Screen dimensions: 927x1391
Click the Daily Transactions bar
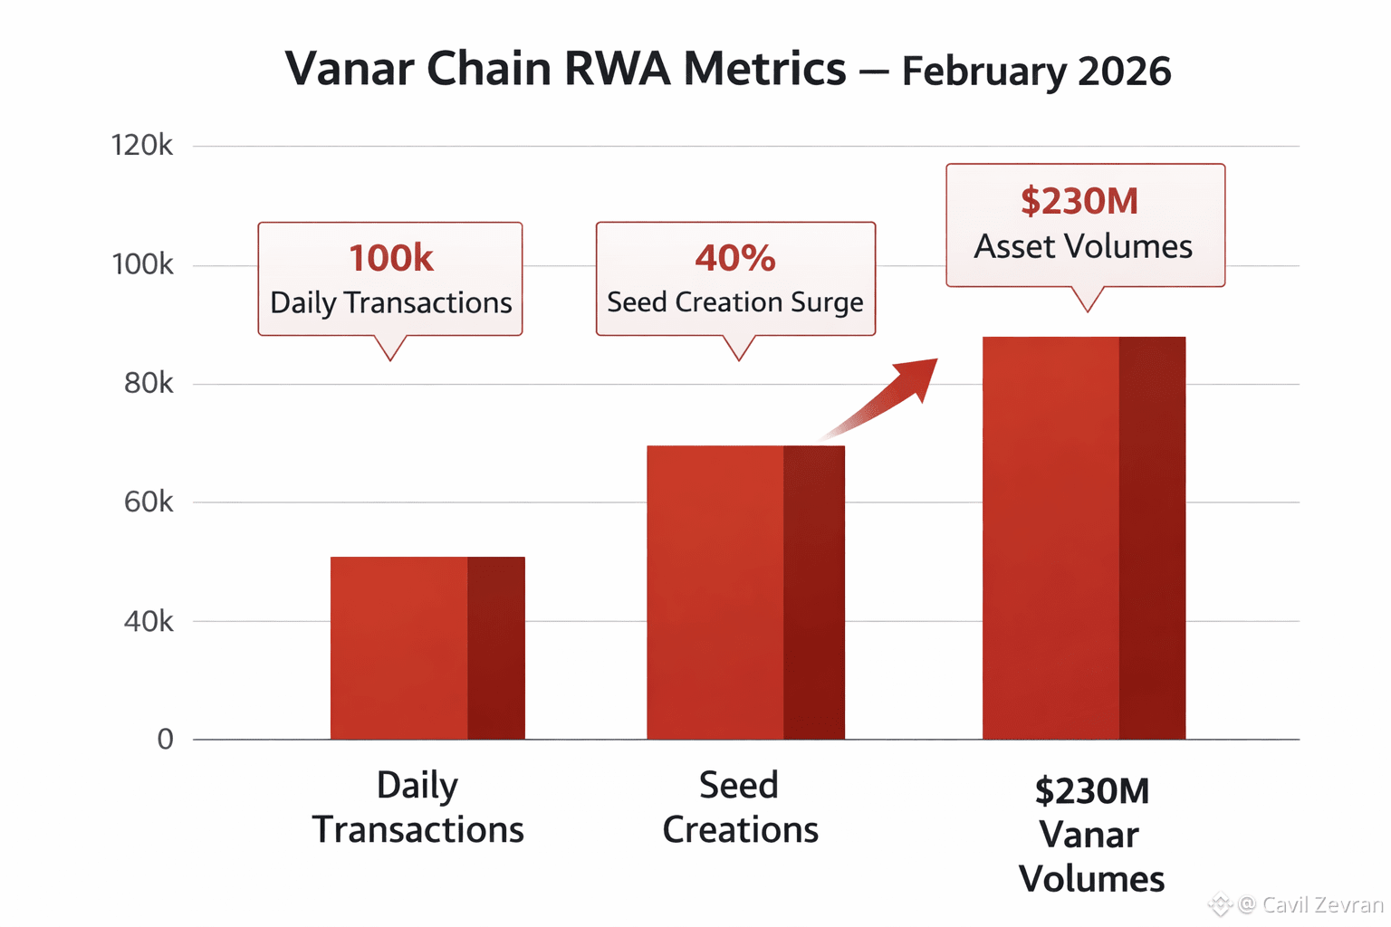point(427,648)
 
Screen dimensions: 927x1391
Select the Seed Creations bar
point(745,593)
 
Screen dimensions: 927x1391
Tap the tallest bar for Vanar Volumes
point(1083,539)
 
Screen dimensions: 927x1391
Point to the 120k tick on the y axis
point(142,146)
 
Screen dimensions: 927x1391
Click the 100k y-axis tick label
point(142,265)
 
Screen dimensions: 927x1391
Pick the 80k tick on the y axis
point(149,384)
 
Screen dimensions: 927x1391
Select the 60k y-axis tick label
point(149,502)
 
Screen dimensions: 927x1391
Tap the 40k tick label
point(149,622)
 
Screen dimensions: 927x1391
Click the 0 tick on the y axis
point(165,740)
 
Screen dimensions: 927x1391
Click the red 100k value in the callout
point(391,259)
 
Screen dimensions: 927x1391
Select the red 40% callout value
point(735,259)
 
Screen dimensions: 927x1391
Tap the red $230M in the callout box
point(1079,201)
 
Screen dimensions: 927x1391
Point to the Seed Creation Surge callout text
point(735,302)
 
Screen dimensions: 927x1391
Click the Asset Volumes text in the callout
point(1083,247)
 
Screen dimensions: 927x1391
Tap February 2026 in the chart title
point(1036,72)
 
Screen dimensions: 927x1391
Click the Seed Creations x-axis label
point(740,808)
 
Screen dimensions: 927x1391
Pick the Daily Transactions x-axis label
point(418,808)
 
